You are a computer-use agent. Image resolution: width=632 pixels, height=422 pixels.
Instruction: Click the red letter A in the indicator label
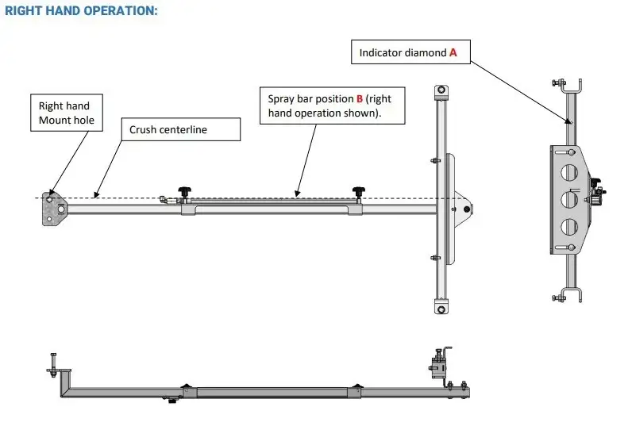[x=453, y=52]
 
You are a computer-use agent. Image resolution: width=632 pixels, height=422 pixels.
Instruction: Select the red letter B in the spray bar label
[x=359, y=98]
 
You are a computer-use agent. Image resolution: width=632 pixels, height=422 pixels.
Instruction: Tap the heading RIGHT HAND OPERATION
[x=82, y=11]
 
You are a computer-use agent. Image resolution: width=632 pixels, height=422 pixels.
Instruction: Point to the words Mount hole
[x=65, y=121]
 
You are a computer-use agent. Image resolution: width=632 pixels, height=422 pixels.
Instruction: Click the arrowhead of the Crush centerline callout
[x=93, y=194]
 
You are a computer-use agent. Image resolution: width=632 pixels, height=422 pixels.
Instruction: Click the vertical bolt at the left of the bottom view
[x=52, y=366]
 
